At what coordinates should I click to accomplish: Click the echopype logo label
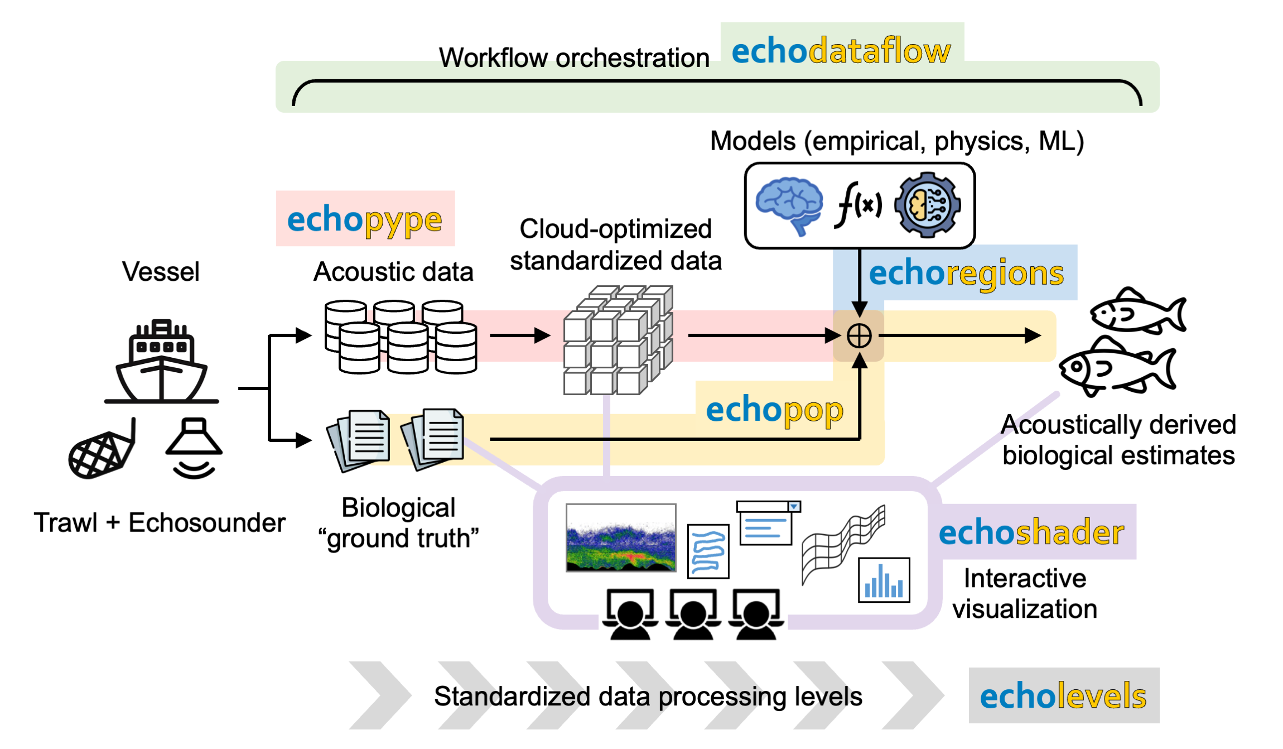365,219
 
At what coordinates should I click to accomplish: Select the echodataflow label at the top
841,51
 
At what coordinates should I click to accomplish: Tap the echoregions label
966,273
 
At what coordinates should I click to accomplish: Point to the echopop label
774,410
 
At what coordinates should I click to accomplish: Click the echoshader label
1031,532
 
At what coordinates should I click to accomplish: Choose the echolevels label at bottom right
1063,696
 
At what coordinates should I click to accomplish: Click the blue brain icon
789,205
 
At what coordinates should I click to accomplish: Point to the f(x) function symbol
858,205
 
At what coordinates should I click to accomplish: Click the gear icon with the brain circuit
927,205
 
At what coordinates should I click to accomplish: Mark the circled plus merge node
859,336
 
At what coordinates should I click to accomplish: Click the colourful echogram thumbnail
621,538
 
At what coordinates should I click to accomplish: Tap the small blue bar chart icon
884,580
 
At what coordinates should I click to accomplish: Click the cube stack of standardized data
618,340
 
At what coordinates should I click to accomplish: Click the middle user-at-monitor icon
693,614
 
